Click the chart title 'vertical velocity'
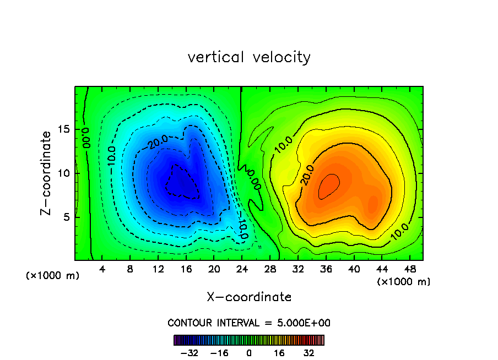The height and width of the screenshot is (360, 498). (x=249, y=57)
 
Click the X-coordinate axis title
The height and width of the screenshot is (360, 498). (x=249, y=297)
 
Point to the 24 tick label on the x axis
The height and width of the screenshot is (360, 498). (x=241, y=269)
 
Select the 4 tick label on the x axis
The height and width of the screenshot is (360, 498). (x=102, y=269)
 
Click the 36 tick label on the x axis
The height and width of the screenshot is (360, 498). (x=326, y=269)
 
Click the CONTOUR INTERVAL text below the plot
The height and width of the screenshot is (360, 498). (x=249, y=323)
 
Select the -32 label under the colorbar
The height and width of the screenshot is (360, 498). (x=189, y=353)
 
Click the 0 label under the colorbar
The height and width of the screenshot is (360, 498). (x=249, y=353)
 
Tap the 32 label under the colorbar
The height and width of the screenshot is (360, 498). (x=308, y=353)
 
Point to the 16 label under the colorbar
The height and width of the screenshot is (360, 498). (x=279, y=353)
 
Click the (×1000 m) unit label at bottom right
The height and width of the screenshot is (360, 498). (x=404, y=282)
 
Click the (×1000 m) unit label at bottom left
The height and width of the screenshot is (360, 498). (x=53, y=276)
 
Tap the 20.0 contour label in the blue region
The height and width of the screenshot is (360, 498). (x=157, y=142)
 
